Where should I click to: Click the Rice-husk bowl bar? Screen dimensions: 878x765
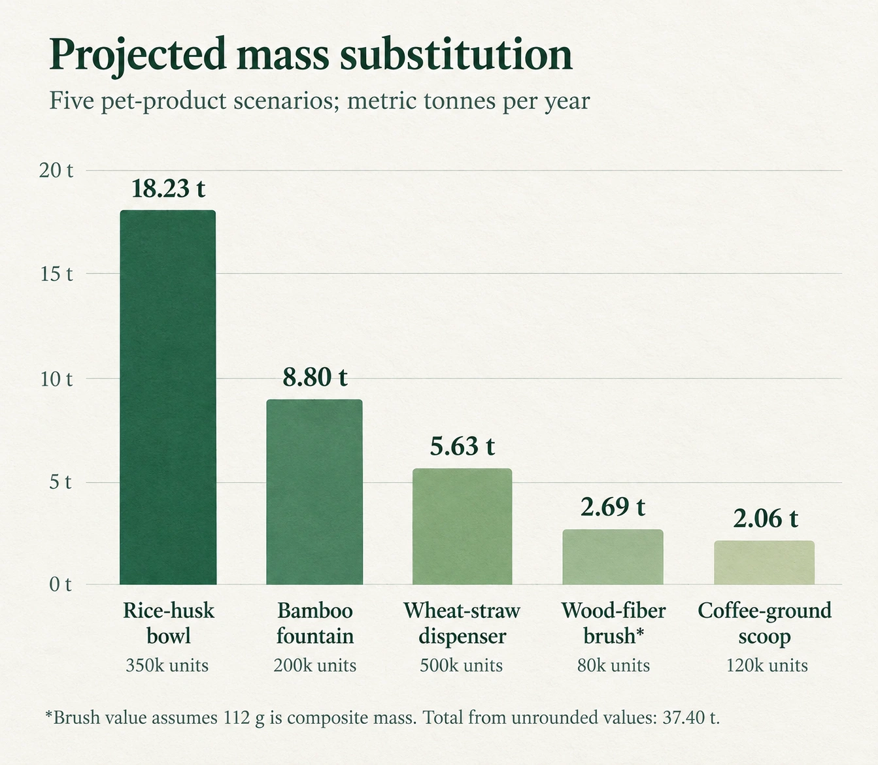click(x=168, y=397)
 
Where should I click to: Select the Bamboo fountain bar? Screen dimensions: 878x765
click(x=314, y=492)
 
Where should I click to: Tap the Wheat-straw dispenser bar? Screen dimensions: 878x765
click(x=462, y=527)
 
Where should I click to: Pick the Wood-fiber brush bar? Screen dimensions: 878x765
click(x=613, y=557)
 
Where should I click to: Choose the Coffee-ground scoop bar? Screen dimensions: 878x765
click(x=764, y=562)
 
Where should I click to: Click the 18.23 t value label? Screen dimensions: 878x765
click(x=168, y=188)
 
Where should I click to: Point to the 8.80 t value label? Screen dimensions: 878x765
click(x=315, y=378)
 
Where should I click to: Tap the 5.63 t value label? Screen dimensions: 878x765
click(x=462, y=446)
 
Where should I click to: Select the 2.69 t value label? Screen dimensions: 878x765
click(x=613, y=508)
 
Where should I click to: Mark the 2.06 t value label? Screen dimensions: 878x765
click(x=766, y=519)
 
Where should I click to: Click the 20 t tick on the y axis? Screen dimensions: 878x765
click(x=56, y=171)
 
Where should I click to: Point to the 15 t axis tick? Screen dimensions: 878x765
click(x=57, y=274)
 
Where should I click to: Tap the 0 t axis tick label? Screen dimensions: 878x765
click(x=60, y=585)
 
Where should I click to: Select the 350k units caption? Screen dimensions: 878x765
click(x=167, y=666)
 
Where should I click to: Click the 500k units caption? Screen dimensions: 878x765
click(x=462, y=666)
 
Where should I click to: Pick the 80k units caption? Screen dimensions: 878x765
click(x=613, y=666)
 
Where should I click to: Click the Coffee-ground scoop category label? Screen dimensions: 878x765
click(x=765, y=623)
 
